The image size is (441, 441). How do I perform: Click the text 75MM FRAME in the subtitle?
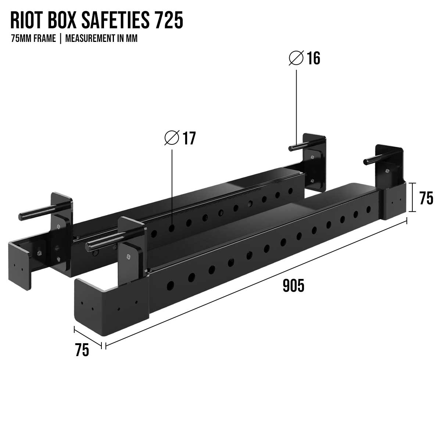tap(33, 39)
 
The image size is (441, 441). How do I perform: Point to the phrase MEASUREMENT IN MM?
tap(101, 39)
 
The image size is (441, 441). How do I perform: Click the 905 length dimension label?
tap(293, 286)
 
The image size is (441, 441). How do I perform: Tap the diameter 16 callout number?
tap(313, 58)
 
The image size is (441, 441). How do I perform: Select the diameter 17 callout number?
tap(189, 139)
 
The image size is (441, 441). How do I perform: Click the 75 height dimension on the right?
tap(426, 198)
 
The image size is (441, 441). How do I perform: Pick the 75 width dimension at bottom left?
tap(82, 350)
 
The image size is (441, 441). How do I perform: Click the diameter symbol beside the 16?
tap(296, 58)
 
